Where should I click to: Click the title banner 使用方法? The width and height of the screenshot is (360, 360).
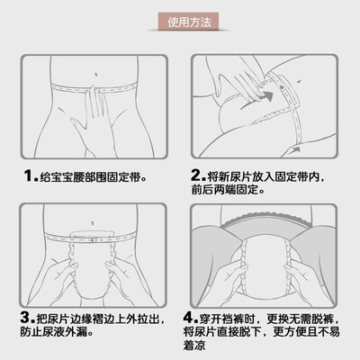click(188, 22)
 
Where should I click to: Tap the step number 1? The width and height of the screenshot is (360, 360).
click(28, 175)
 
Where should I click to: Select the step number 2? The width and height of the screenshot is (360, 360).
click(196, 175)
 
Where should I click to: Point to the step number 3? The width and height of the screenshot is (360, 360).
click(25, 318)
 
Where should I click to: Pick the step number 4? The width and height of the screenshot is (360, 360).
click(189, 318)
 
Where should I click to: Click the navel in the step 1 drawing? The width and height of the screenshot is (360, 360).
click(95, 75)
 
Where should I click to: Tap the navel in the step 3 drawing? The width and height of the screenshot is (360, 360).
click(93, 223)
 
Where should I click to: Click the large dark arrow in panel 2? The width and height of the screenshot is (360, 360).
click(258, 99)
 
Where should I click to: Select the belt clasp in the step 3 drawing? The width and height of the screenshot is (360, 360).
click(93, 240)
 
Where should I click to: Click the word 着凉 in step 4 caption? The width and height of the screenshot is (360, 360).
click(194, 346)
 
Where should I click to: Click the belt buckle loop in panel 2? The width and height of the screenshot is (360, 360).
click(287, 90)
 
